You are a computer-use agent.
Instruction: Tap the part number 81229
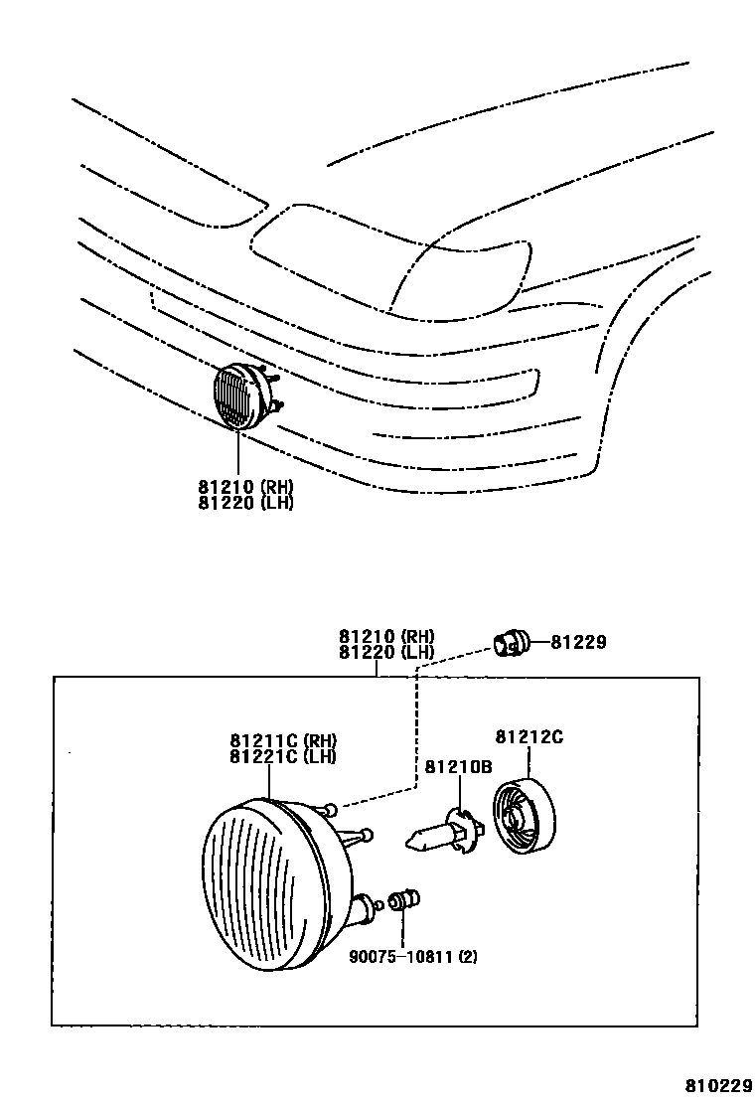[x=580, y=643]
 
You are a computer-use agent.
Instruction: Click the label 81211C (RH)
[x=283, y=740]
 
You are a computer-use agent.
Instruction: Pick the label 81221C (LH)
[x=283, y=756]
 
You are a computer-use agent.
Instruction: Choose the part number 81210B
[x=459, y=766]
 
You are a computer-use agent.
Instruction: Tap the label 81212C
[x=529, y=736]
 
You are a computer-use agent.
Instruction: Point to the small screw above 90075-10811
[x=402, y=901]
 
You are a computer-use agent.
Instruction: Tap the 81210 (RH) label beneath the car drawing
[x=245, y=487]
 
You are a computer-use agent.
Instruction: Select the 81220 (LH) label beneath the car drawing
[x=245, y=503]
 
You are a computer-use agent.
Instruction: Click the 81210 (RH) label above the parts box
[x=386, y=636]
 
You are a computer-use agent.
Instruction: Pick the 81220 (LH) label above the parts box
[x=386, y=652]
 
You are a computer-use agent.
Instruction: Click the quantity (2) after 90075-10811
[x=469, y=958]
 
